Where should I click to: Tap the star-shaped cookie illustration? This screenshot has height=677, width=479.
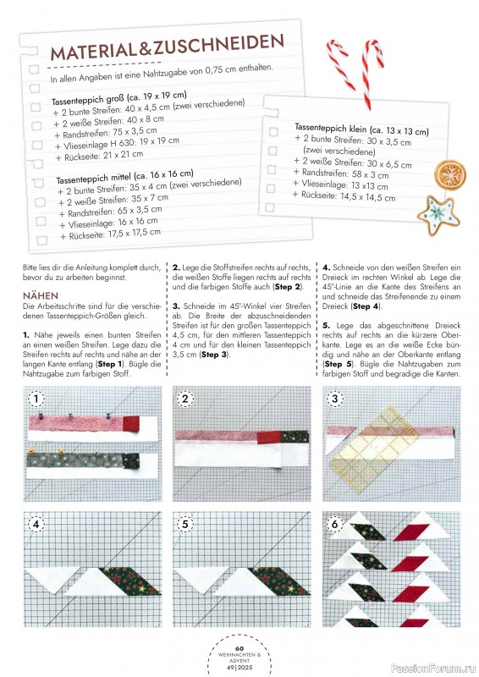coord(438,216)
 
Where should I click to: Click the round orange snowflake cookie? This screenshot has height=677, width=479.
coord(450,175)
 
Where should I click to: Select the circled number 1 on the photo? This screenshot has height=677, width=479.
coord(36,398)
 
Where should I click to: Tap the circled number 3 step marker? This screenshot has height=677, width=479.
coord(335,398)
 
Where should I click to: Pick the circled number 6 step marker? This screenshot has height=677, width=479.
coord(335,524)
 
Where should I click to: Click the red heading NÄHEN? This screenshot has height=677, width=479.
coord(41,295)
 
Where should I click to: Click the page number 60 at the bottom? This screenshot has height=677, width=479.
coord(239,648)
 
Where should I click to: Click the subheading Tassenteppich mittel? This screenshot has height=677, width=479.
coord(93,178)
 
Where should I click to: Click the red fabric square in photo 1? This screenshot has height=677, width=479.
coord(131,424)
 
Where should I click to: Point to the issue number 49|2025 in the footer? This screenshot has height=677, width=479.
coord(239,667)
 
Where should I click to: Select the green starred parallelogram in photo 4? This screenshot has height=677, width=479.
coord(129,581)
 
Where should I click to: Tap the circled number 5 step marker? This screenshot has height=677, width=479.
coord(185,524)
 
